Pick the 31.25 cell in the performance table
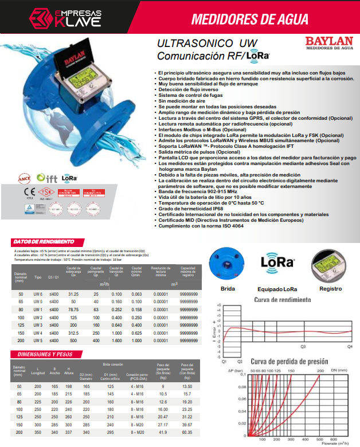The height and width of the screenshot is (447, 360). [73, 293]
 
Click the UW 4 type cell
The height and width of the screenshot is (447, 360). [38, 332]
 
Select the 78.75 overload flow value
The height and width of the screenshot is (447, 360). [73, 309]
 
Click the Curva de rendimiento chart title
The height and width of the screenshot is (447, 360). [282, 300]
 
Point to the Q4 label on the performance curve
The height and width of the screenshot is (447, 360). [349, 347]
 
